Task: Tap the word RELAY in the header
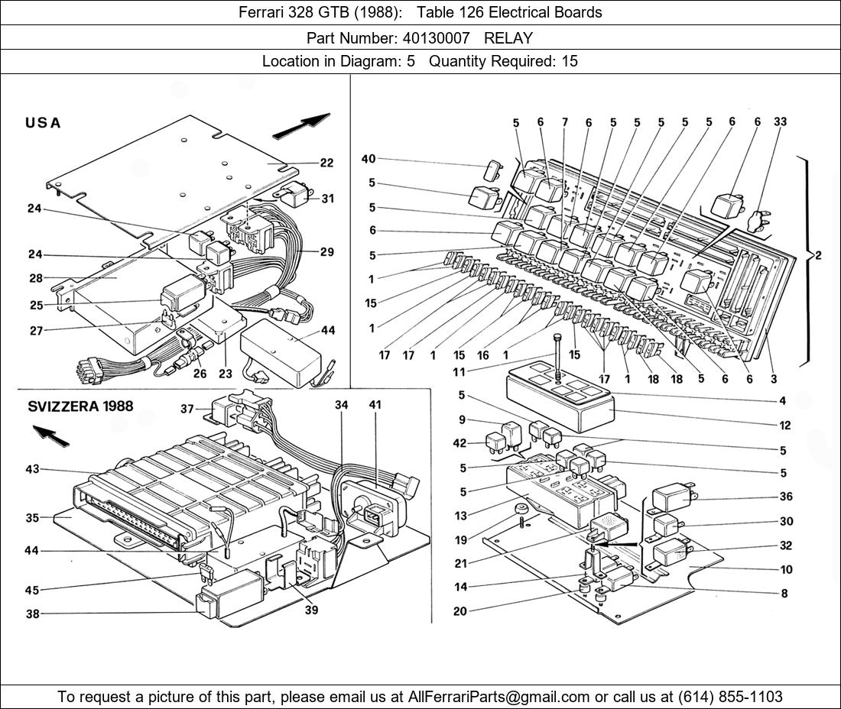click(508, 37)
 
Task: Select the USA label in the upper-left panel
click(43, 123)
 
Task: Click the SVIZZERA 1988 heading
click(80, 406)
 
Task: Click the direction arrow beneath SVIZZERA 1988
click(49, 436)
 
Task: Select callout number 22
click(326, 163)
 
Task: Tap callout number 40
click(369, 159)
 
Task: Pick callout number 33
click(780, 121)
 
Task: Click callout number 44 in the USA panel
click(328, 331)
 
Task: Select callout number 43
click(32, 469)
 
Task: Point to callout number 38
click(32, 613)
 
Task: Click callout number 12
click(785, 426)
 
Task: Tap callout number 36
click(786, 497)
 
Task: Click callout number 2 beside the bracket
click(817, 256)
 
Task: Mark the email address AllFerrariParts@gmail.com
click(499, 697)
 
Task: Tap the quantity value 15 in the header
click(570, 62)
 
